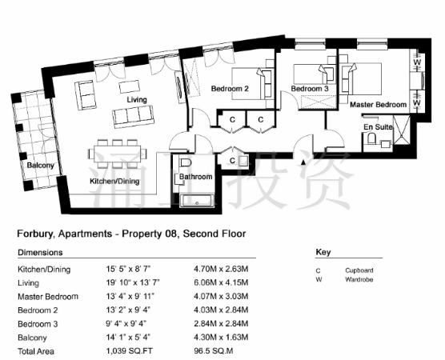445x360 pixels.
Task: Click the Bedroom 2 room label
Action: [230, 89]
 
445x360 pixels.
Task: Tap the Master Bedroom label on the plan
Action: [378, 105]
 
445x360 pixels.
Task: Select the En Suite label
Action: [378, 127]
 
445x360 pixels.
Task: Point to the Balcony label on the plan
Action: [40, 165]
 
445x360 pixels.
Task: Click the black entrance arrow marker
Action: [303, 162]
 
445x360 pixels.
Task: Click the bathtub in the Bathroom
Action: [197, 201]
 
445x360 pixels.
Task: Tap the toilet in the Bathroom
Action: [186, 162]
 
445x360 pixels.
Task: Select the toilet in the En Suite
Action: [371, 139]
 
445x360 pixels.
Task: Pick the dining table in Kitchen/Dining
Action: [118, 154]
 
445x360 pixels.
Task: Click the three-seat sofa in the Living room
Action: [134, 117]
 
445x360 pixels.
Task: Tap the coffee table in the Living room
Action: [129, 86]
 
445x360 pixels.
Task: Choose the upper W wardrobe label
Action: [417, 62]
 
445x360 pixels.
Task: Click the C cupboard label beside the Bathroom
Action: [232, 161]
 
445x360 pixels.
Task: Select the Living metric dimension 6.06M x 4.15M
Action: [221, 282]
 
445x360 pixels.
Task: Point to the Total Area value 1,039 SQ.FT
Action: [129, 351]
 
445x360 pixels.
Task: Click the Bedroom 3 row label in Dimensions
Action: [38, 324]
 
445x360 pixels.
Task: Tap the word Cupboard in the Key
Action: [359, 270]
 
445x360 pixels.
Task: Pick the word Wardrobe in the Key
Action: [359, 279]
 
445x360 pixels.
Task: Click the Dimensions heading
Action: [40, 252]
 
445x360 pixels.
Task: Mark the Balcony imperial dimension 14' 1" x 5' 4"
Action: [128, 338]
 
